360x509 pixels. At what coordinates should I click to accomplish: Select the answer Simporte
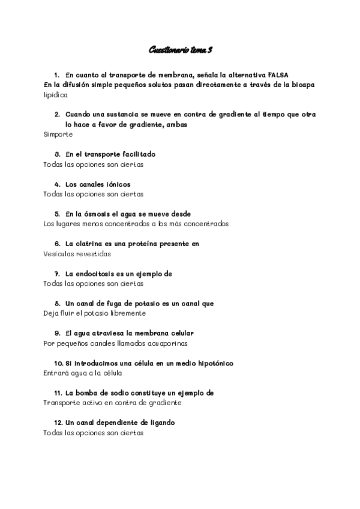(58, 135)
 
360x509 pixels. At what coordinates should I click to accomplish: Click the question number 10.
(58, 363)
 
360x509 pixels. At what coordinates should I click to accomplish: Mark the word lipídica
(56, 95)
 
